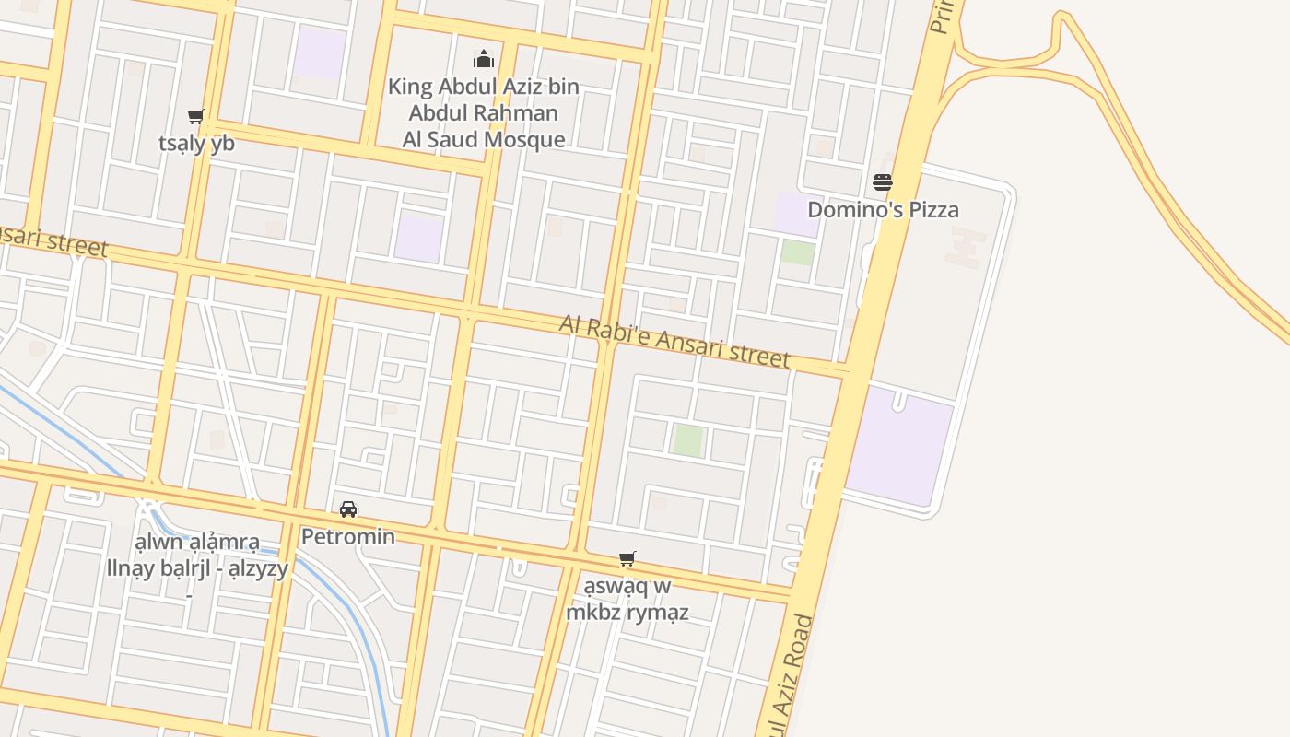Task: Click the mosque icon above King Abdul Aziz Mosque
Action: (484, 60)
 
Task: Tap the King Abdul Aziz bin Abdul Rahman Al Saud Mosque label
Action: (484, 113)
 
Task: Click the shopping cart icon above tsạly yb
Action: (195, 117)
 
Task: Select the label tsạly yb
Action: (196, 143)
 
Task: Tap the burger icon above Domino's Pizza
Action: (883, 182)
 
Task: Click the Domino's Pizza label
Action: (883, 209)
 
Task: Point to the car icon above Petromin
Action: (348, 509)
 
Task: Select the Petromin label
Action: (348, 536)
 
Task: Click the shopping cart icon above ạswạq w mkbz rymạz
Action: (627, 558)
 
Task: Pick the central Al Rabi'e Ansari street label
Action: (675, 341)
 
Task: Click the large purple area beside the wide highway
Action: (899, 446)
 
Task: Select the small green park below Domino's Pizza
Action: (798, 252)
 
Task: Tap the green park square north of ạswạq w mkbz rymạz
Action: (688, 439)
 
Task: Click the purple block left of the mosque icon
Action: (320, 52)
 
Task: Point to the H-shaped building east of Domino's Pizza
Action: (966, 247)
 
